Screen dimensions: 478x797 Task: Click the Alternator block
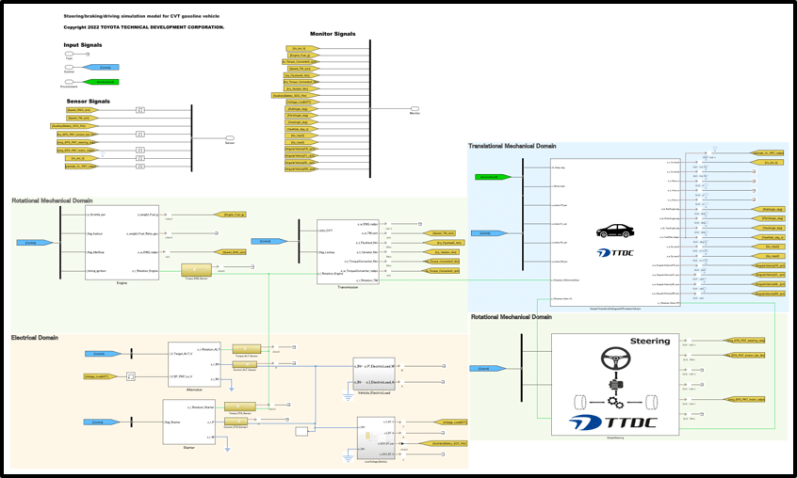[194, 364]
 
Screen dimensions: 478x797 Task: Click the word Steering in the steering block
[649, 341]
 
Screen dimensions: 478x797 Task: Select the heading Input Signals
[85, 45]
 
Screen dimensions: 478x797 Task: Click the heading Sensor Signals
[88, 101]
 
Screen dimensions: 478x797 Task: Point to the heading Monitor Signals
[333, 34]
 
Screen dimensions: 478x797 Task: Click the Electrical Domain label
[35, 337]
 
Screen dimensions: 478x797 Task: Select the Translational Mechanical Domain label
[512, 146]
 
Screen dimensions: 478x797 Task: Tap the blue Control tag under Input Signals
[103, 68]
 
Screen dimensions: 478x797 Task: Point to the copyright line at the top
[143, 27]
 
